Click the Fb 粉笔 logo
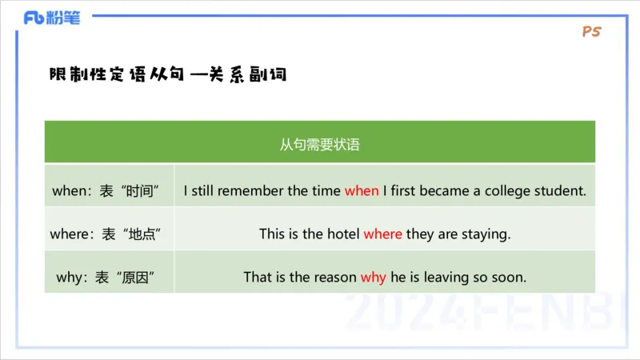click(52, 18)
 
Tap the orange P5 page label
click(592, 32)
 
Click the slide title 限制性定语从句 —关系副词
click(168, 75)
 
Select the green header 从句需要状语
click(319, 144)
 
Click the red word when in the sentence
click(362, 191)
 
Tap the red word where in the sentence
click(382, 234)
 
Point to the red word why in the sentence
click(373, 278)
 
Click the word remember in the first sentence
click(252, 191)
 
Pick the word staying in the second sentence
click(486, 234)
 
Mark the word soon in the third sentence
click(510, 278)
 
